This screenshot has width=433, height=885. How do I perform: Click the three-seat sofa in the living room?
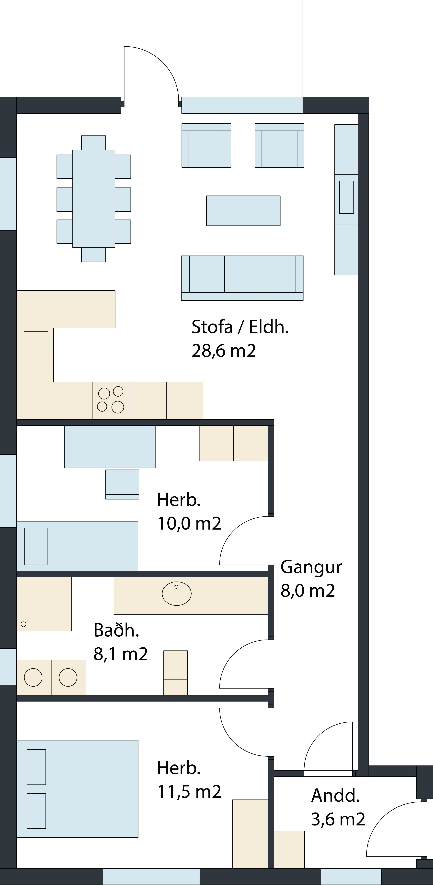tap(242, 278)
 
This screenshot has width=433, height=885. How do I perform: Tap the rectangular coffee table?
tap(243, 211)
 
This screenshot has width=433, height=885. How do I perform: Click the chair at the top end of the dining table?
tap(93, 143)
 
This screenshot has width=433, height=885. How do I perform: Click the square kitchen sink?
tap(36, 344)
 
